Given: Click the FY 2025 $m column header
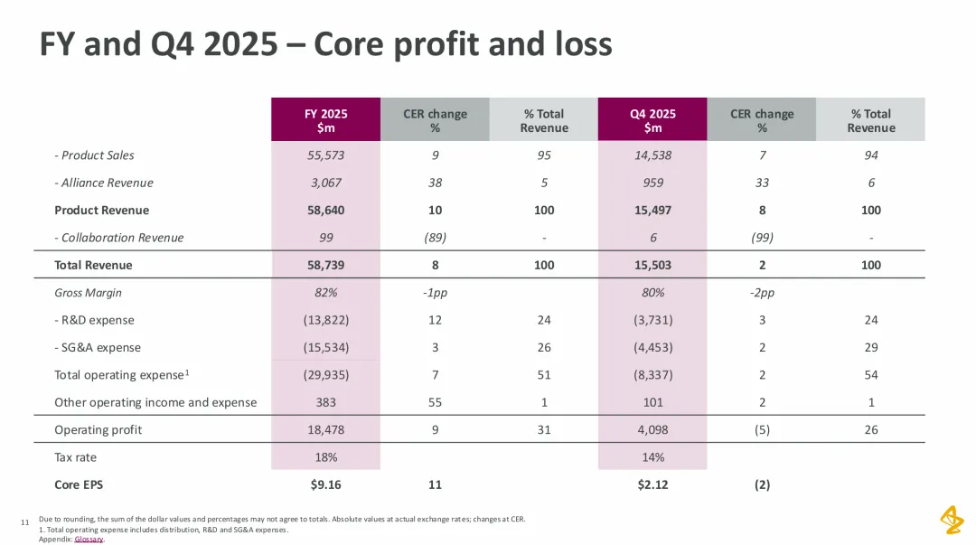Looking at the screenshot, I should coord(326,120).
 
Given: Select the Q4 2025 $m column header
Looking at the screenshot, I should coord(652,120).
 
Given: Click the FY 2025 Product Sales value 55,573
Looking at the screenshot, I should coord(326,155).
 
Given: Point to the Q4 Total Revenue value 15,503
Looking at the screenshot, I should coord(652,265).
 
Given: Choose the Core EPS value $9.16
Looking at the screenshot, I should coord(326,484).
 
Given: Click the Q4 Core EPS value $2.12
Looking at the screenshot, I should coord(652,484).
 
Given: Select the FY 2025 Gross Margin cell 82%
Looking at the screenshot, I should coord(326,293).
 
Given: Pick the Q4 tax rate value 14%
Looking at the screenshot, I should coord(652,457).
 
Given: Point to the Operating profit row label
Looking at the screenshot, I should coord(98,429).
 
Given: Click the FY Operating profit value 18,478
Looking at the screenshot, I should coord(326,429).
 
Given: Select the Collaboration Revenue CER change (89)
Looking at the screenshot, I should coord(435,238).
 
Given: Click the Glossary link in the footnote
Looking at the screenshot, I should coord(89,540).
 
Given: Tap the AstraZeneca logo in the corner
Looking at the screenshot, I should coord(952,520).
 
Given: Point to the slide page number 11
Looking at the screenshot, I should coord(23,521).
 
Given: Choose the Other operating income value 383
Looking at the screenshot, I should coord(326,402).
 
